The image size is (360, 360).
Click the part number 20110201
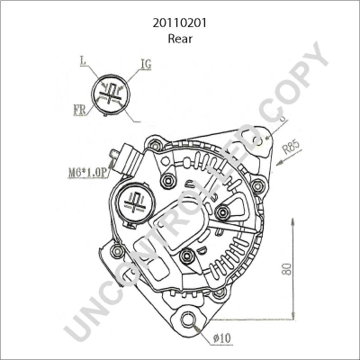[180, 23]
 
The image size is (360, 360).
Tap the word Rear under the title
[180, 39]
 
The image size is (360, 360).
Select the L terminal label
[83, 61]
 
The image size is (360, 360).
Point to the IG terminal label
[146, 64]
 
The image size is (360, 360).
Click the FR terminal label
[79, 110]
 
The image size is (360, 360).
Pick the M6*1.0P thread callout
[88, 173]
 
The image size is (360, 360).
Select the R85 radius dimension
[292, 147]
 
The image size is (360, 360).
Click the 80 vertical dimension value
[287, 269]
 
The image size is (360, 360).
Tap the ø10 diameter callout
[222, 338]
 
